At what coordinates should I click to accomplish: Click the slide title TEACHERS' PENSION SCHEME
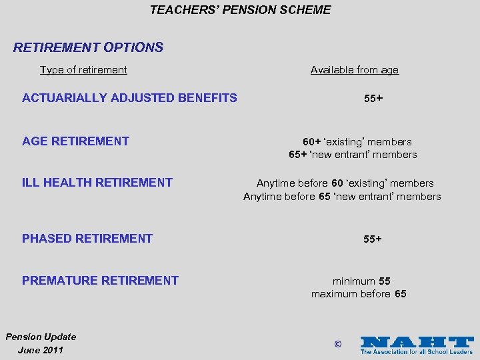(240, 10)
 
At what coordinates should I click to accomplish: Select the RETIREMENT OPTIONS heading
(88, 47)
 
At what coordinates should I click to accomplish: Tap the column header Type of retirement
(83, 70)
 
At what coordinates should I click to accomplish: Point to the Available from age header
(354, 70)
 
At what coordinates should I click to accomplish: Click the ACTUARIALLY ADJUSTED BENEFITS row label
(129, 98)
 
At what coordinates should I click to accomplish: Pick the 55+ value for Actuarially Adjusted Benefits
(373, 99)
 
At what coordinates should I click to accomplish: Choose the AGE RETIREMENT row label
(75, 141)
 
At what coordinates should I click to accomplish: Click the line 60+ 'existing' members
(357, 141)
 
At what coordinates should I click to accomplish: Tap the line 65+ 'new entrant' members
(353, 155)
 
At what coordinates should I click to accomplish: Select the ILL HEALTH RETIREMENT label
(97, 183)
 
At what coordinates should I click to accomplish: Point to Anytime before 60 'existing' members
(345, 183)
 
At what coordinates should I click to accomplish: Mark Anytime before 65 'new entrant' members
(342, 196)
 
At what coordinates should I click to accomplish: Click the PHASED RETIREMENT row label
(87, 238)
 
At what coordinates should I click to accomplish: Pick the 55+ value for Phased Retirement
(373, 239)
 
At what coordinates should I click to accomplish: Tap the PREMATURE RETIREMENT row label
(100, 281)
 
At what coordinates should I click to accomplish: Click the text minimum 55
(361, 281)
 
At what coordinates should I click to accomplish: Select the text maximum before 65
(359, 294)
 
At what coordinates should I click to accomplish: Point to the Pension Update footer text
(41, 337)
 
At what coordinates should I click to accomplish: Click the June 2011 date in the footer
(41, 350)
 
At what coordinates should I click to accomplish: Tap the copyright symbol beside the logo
(337, 344)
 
